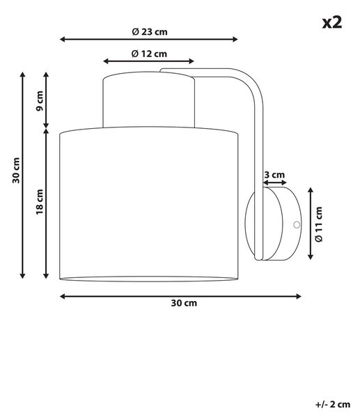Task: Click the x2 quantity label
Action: (331, 22)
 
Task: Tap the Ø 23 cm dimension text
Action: (150, 32)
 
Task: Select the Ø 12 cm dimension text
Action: (149, 54)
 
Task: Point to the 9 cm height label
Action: (40, 101)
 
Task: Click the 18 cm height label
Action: (40, 202)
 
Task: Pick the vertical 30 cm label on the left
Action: (16, 171)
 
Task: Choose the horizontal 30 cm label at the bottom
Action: (184, 303)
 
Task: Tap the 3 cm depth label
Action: (274, 175)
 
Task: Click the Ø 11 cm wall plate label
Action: (319, 224)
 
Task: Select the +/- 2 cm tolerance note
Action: (333, 404)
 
